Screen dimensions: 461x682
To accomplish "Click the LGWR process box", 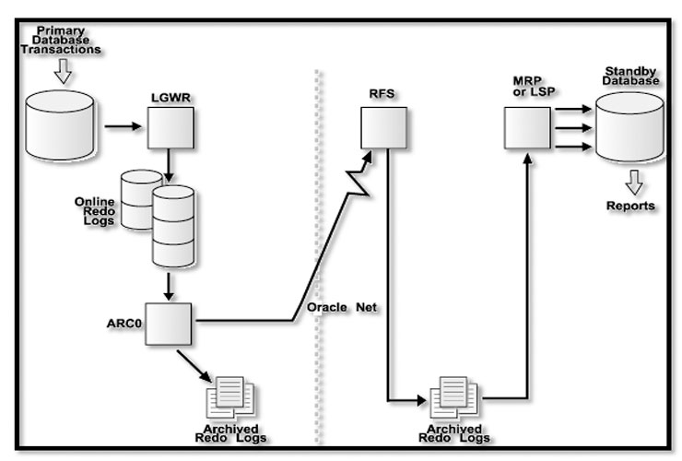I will click(170, 128).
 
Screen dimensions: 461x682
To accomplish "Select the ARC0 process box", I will click(169, 323).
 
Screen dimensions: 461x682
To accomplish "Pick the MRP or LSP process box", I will click(526, 126).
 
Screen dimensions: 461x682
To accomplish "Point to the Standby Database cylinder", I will click(629, 128).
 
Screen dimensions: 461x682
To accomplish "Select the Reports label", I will click(630, 206).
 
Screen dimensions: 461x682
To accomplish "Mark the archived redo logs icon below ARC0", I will click(231, 397).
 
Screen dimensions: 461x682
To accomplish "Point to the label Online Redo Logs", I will click(95, 213).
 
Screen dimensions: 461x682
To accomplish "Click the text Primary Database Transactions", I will click(62, 41).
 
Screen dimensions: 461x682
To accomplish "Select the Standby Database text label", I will click(631, 76).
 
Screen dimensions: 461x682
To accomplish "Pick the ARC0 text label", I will click(123, 324).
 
